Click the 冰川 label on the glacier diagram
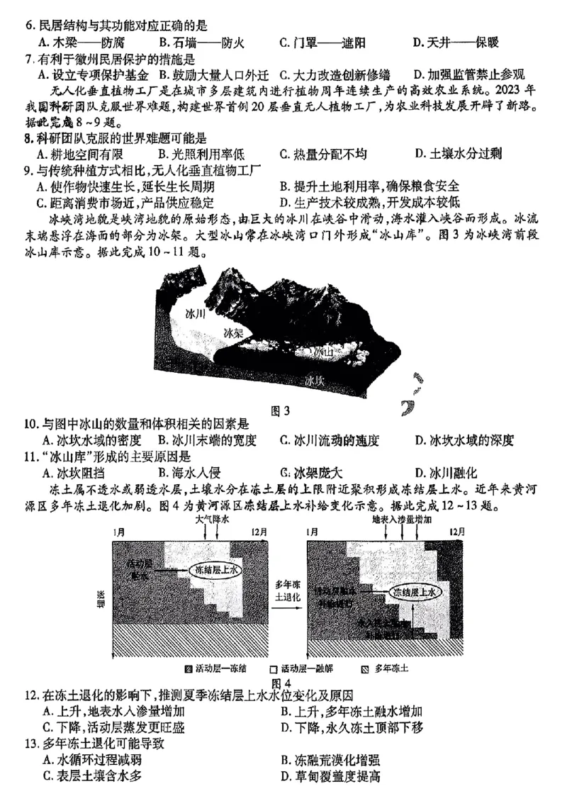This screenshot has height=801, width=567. coord(194,314)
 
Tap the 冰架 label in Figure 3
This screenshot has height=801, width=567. coord(234,332)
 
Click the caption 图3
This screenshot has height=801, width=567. coord(281,410)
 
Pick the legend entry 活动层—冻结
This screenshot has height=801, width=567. coord(210,668)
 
